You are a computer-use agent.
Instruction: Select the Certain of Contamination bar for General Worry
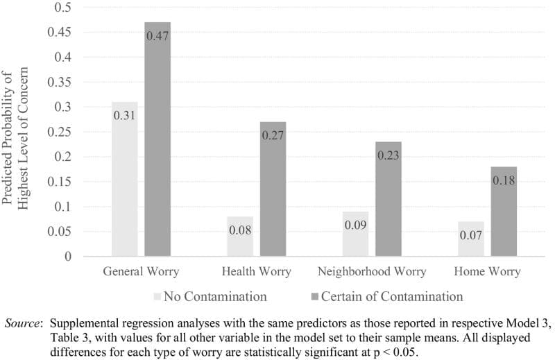coord(157,139)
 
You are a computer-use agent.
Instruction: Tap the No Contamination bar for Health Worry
coord(240,237)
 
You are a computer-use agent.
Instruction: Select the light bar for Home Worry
coord(471,239)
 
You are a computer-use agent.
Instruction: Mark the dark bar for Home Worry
coord(504,212)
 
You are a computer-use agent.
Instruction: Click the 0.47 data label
coord(157,35)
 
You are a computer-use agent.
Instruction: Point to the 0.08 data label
coord(240,229)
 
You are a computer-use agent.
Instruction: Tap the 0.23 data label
coord(388,155)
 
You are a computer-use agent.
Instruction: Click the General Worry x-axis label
coord(142,271)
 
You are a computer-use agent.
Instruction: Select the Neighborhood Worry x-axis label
coord(372,271)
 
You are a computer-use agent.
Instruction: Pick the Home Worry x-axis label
coord(487,271)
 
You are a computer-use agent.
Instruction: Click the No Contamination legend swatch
coord(157,297)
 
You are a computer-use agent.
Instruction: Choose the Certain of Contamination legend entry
coord(386,297)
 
